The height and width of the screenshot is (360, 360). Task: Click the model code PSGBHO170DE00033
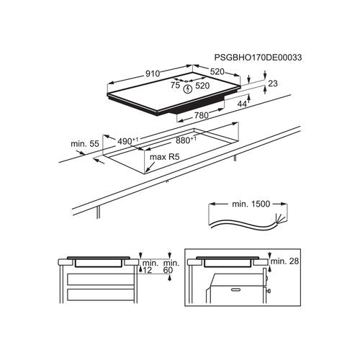(x=258, y=58)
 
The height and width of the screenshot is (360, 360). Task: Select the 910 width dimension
(x=153, y=73)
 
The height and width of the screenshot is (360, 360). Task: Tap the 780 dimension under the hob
(x=201, y=116)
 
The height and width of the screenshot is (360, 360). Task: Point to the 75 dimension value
(x=175, y=85)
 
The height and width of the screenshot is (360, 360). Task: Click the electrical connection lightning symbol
(x=188, y=89)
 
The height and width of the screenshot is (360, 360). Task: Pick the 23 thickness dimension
(x=273, y=84)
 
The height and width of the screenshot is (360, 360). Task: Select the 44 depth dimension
(x=242, y=104)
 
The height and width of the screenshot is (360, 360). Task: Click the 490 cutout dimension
(x=128, y=141)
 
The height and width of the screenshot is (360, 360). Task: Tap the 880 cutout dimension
(x=186, y=140)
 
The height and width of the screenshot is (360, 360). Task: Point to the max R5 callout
(x=164, y=157)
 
